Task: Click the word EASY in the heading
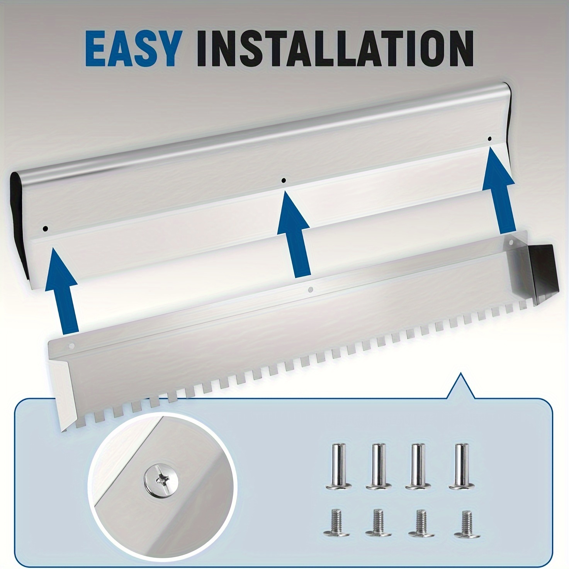click(x=132, y=49)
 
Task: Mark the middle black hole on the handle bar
click(x=284, y=180)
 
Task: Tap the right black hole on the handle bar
click(x=489, y=139)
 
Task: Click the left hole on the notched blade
click(x=71, y=346)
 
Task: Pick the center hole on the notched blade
click(x=310, y=290)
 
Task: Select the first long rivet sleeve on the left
click(x=338, y=470)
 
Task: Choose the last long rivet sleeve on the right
click(x=462, y=470)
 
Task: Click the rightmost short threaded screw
click(x=467, y=523)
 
